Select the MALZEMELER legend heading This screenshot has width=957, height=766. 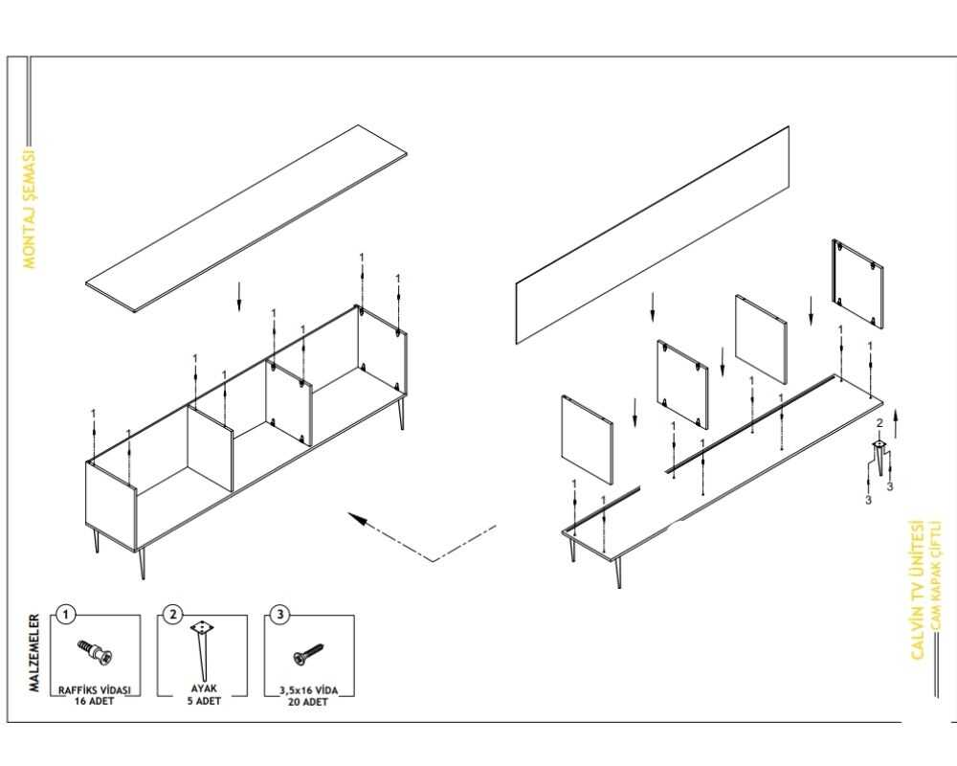click(33, 653)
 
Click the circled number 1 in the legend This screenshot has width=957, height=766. click(64, 615)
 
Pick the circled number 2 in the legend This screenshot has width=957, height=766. click(172, 615)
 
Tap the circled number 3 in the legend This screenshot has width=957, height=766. click(279, 615)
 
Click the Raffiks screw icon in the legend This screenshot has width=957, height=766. click(96, 653)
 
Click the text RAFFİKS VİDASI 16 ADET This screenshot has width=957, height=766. click(94, 694)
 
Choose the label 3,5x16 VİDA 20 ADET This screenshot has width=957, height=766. click(309, 694)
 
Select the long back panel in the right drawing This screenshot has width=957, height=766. click(653, 236)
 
